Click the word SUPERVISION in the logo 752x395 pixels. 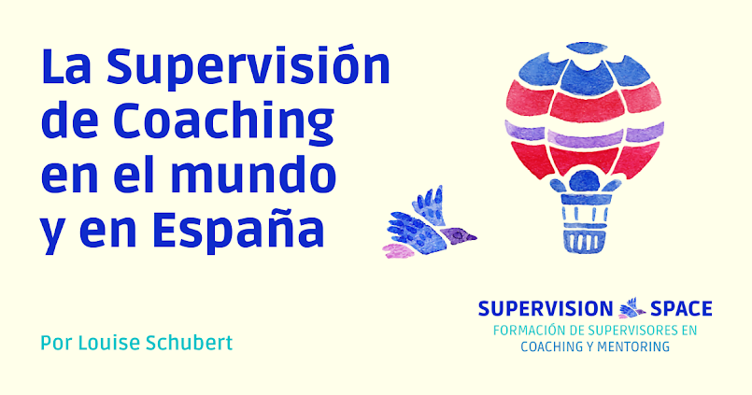click(x=545, y=308)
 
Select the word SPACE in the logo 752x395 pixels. click(x=681, y=308)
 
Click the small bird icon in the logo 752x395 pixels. click(x=632, y=307)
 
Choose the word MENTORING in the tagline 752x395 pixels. click(x=632, y=346)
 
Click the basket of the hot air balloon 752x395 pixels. click(x=583, y=227)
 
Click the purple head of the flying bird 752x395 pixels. click(x=459, y=233)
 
